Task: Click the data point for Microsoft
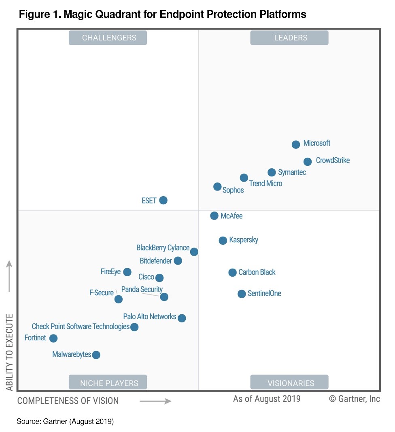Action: click(x=296, y=144)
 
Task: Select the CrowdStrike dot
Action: click(x=308, y=162)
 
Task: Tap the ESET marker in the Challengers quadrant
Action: click(x=163, y=200)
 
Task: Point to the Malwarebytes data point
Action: click(x=96, y=355)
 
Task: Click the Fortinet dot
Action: click(x=53, y=338)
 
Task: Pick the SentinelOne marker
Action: click(x=242, y=294)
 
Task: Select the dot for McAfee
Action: click(x=214, y=216)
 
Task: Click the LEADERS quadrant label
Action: click(x=289, y=38)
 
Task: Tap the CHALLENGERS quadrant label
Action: click(x=108, y=38)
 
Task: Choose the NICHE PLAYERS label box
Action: click(x=108, y=383)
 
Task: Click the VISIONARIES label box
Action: click(x=289, y=383)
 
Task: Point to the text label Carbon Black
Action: click(x=257, y=272)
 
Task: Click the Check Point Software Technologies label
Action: click(x=81, y=326)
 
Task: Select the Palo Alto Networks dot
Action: click(x=182, y=318)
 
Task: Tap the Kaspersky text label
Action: click(x=244, y=240)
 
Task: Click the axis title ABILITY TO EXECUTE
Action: click(x=10, y=352)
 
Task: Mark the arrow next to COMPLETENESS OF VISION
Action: click(x=156, y=401)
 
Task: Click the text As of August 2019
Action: click(x=267, y=399)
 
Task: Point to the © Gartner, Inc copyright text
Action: click(x=355, y=399)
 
